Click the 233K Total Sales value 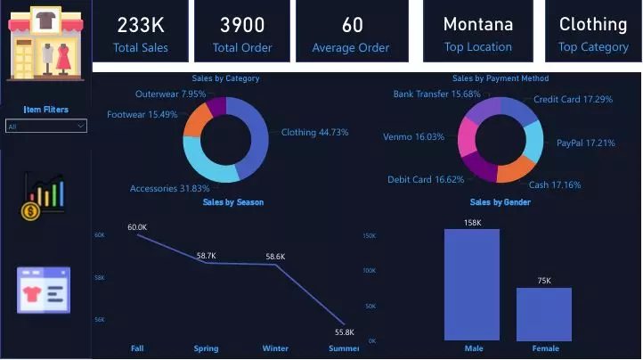tap(140, 25)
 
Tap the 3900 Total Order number tap(242, 25)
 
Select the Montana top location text tap(477, 24)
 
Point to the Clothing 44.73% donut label tap(314, 132)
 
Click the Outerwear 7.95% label tap(170, 94)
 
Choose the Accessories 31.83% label tap(170, 188)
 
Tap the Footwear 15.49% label tap(142, 114)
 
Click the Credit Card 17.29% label tap(573, 99)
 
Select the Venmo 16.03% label tap(413, 137)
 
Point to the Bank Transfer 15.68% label tap(436, 94)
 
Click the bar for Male tap(471, 284)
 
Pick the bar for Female tap(544, 313)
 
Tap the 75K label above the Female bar tap(544, 281)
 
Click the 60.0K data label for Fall tap(137, 227)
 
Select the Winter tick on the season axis tap(275, 348)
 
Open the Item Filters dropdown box tap(46, 127)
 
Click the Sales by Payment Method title tap(500, 78)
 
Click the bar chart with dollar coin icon tap(44, 196)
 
